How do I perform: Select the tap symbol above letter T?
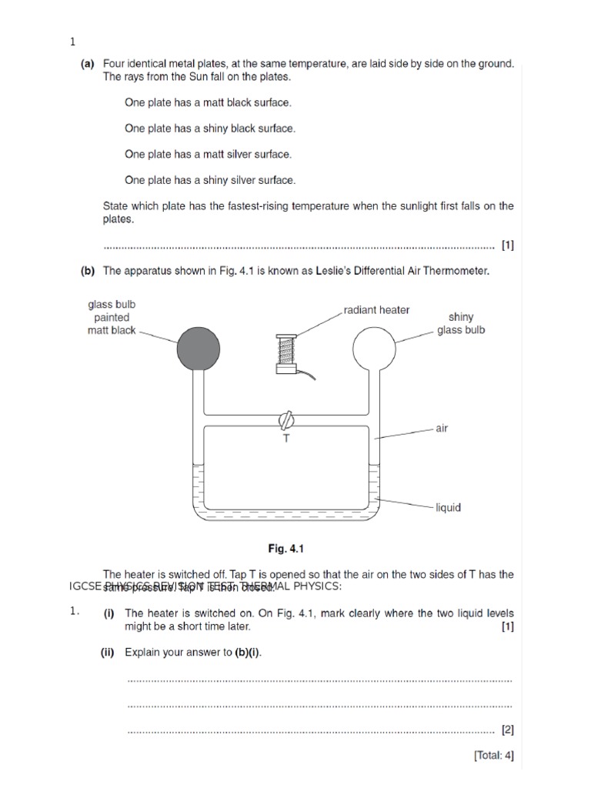[286, 421]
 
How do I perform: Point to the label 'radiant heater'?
[376, 310]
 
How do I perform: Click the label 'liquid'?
[448, 508]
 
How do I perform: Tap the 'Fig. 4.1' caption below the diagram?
[287, 549]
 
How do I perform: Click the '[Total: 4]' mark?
[493, 755]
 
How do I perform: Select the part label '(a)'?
[88, 65]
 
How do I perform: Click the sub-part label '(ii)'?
[107, 653]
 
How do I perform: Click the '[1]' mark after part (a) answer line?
[507, 246]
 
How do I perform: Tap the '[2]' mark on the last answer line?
[507, 728]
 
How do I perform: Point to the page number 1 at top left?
[72, 42]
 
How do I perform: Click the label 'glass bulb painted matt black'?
[112, 317]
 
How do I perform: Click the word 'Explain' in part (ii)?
[144, 653]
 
